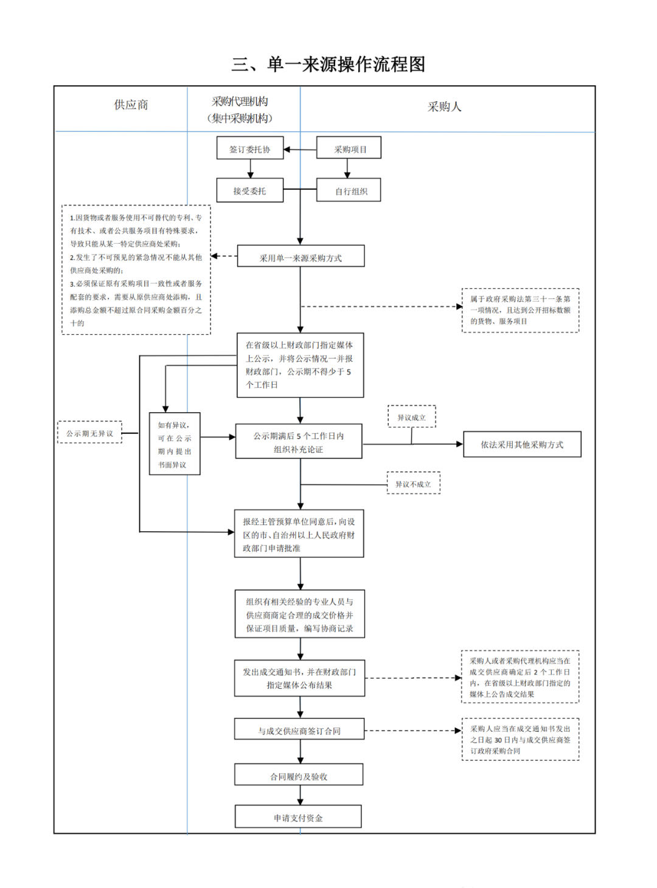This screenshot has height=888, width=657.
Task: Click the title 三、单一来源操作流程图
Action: [328, 64]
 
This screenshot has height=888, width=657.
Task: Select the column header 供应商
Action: [131, 105]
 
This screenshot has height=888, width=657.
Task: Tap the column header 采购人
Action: [445, 107]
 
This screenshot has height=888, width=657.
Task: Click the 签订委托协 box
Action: [250, 148]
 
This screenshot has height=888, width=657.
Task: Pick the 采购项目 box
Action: [349, 147]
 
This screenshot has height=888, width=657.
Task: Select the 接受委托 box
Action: [250, 190]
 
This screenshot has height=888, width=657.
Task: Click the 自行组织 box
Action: [349, 190]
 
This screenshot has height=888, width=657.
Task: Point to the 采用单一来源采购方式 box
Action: [301, 256]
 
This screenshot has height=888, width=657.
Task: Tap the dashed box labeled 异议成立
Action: [412, 416]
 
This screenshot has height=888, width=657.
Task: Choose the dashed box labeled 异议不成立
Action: [414, 483]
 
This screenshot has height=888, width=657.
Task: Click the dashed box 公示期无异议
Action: [90, 432]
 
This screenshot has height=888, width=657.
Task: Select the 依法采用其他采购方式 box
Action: [523, 444]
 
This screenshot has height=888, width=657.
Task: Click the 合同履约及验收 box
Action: [299, 774]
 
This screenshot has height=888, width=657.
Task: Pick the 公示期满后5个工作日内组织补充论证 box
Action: [299, 441]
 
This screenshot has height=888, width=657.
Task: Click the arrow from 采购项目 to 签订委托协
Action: [301, 150]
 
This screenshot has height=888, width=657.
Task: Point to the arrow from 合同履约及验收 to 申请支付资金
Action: [301, 795]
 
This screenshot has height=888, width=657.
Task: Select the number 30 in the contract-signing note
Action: [498, 740]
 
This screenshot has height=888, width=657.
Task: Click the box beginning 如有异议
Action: [175, 444]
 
